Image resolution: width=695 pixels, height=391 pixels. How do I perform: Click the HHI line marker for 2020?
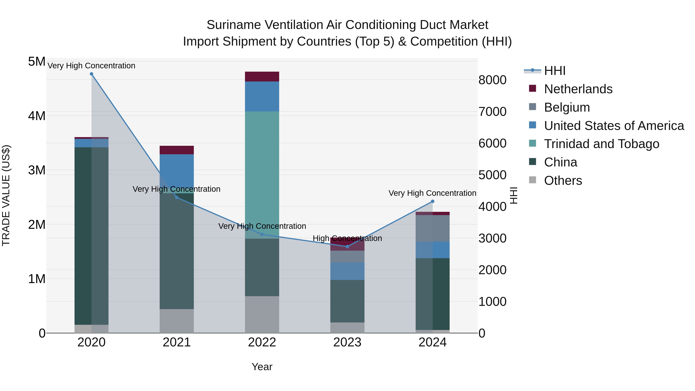(x=92, y=74)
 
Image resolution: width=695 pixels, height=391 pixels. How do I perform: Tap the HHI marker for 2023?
(x=347, y=247)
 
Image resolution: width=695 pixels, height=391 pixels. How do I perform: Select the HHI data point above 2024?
(x=432, y=201)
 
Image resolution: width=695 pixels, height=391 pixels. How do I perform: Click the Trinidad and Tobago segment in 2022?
(x=262, y=175)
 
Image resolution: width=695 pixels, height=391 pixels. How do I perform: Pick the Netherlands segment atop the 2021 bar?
(x=177, y=150)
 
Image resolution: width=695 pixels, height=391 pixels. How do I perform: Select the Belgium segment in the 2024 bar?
(x=432, y=228)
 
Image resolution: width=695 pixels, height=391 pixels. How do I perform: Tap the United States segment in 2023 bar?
(x=347, y=271)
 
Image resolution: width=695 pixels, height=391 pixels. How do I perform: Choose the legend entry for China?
(x=560, y=162)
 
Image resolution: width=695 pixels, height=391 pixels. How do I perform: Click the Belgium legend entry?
(x=567, y=107)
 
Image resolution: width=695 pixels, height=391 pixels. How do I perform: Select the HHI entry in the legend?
(x=554, y=71)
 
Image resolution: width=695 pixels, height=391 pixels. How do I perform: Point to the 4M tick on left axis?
(x=37, y=116)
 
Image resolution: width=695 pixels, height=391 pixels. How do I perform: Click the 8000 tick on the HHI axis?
(x=492, y=80)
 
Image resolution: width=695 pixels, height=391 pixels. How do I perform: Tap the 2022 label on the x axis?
(x=262, y=342)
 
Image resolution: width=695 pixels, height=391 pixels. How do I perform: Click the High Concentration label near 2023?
(x=347, y=238)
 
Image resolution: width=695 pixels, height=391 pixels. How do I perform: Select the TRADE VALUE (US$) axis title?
(x=6, y=195)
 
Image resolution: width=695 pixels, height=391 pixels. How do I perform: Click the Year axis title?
(x=262, y=367)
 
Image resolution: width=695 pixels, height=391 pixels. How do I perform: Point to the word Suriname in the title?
(x=234, y=25)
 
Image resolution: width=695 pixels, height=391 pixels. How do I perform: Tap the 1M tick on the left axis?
(x=37, y=279)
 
